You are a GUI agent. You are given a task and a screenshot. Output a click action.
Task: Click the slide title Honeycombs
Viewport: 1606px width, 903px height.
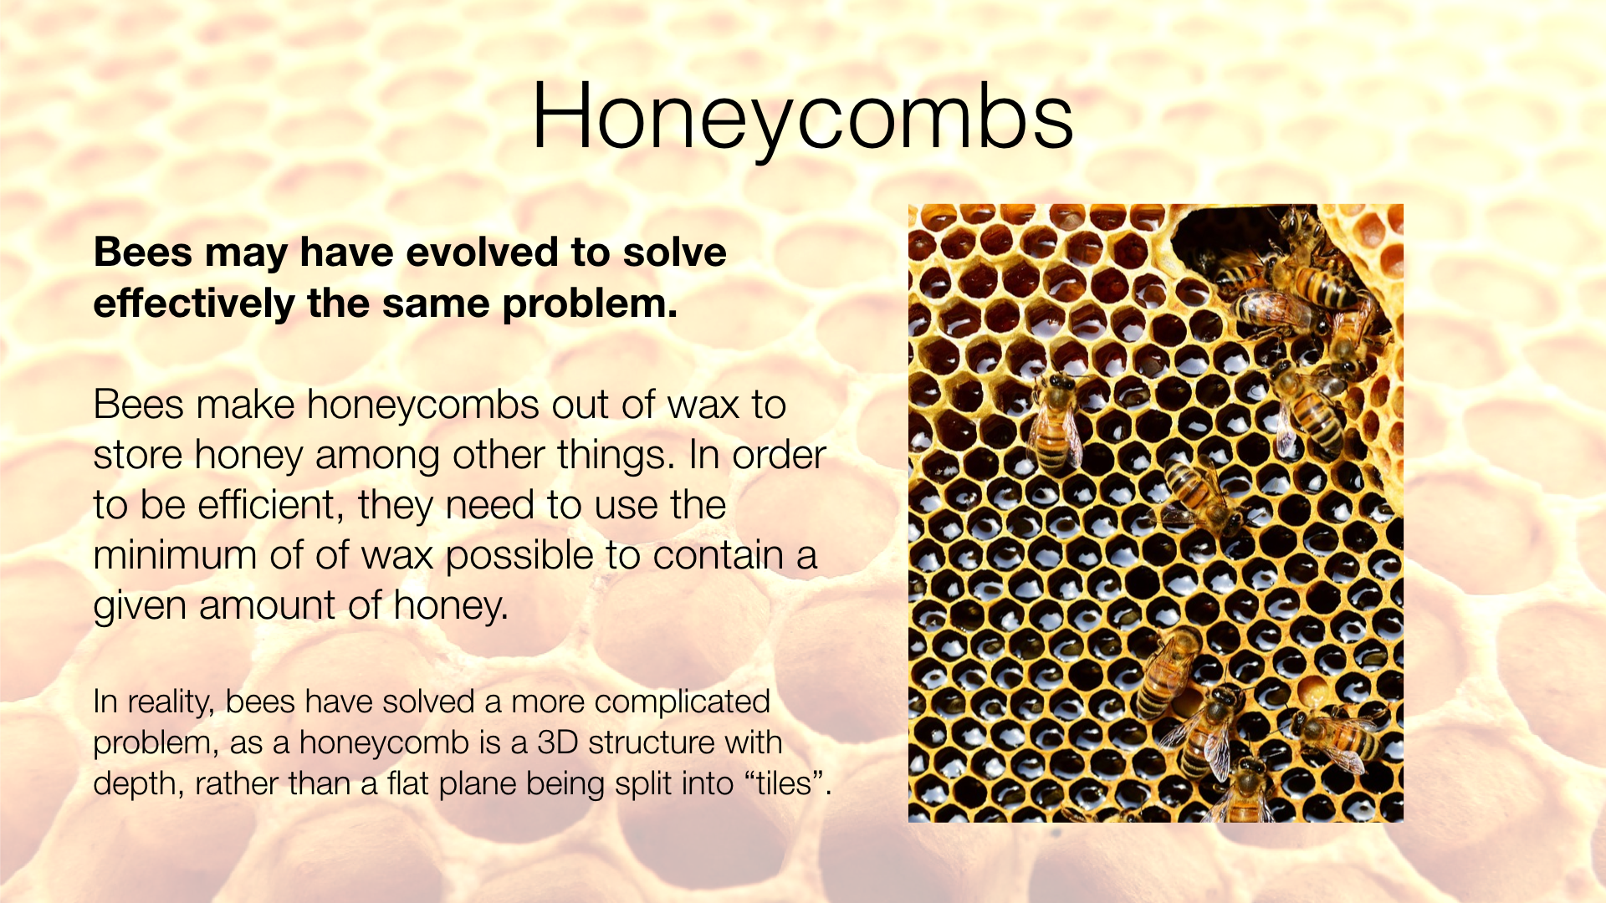pos(801,117)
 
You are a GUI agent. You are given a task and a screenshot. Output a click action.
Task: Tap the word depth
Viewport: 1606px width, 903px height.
pos(136,784)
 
